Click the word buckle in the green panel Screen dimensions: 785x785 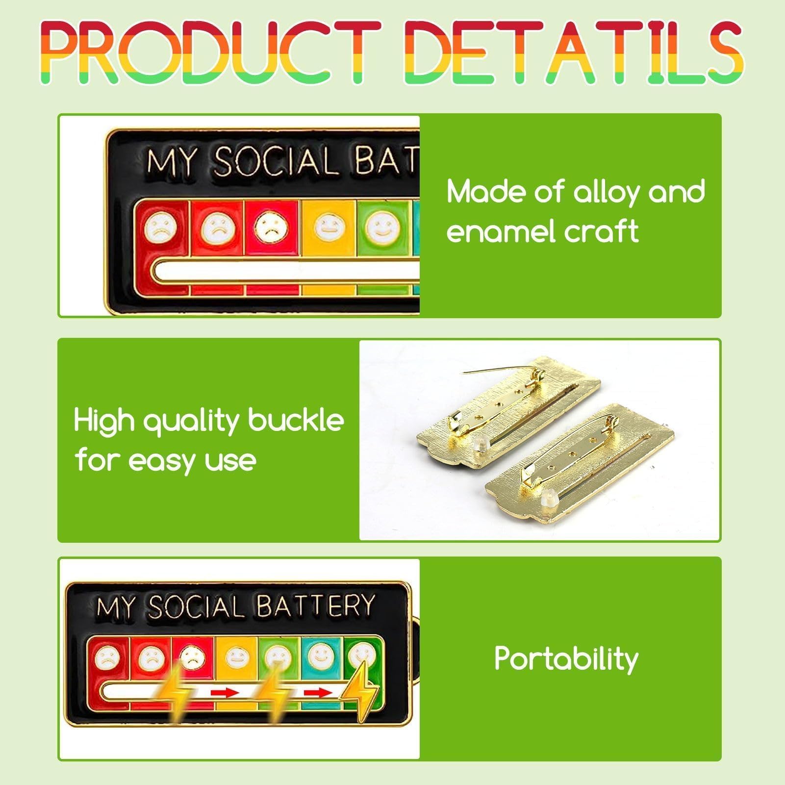point(296,420)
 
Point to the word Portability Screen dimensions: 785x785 point(566,658)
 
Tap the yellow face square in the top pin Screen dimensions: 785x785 point(328,228)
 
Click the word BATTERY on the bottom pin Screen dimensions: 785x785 point(315,606)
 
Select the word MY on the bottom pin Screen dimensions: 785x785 point(115,608)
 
